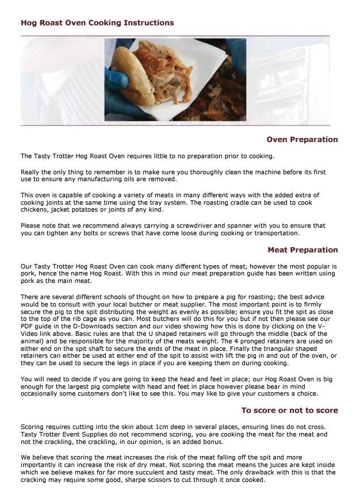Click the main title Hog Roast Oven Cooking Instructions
[97, 23]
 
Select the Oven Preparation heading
[302, 140]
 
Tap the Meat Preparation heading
[302, 250]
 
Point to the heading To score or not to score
[289, 411]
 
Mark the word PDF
[28, 326]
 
